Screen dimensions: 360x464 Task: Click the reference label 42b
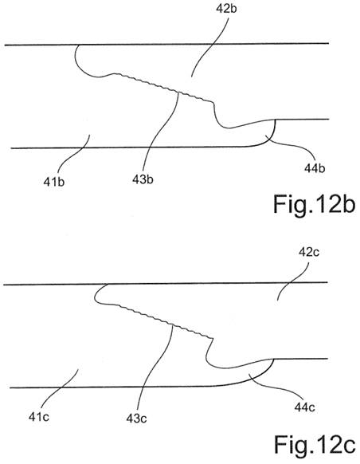pyautogui.click(x=226, y=9)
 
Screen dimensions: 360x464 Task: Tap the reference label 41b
pyautogui.click(x=54, y=182)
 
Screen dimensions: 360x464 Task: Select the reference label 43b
pyautogui.click(x=143, y=179)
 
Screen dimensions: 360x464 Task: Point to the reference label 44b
pyautogui.click(x=315, y=168)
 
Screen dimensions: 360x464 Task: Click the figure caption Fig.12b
pyautogui.click(x=314, y=204)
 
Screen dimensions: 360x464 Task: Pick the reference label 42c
pyautogui.click(x=309, y=252)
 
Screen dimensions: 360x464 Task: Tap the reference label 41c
pyautogui.click(x=39, y=417)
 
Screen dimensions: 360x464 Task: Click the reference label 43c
pyautogui.click(x=136, y=419)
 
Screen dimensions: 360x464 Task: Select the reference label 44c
pyautogui.click(x=305, y=407)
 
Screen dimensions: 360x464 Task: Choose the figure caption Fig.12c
pyautogui.click(x=315, y=444)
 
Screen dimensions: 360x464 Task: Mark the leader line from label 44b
pyautogui.click(x=292, y=146)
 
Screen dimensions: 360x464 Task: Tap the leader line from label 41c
pyautogui.click(x=58, y=390)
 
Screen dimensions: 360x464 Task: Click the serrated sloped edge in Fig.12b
pyautogui.click(x=163, y=88)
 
